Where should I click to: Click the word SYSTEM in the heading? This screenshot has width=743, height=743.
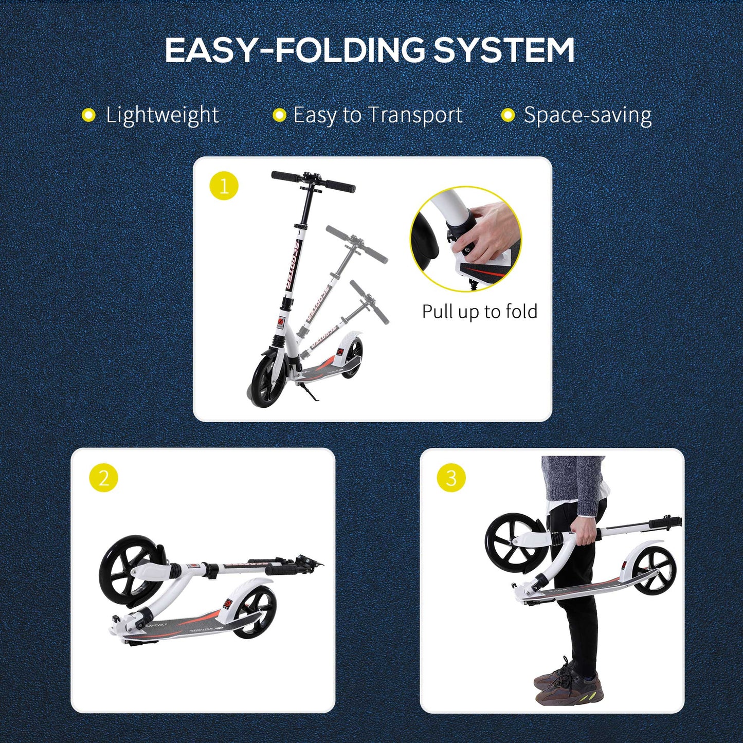point(504,50)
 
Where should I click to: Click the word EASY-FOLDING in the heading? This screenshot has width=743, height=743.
point(295,50)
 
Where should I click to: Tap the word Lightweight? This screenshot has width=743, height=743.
point(162,115)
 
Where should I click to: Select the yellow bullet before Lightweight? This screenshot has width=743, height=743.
point(89,115)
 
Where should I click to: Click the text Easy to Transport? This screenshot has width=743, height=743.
point(378,115)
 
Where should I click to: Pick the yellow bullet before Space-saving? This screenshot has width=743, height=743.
point(508,115)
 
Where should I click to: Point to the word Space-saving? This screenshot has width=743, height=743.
point(588,115)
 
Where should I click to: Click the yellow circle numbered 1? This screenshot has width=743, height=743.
point(224,186)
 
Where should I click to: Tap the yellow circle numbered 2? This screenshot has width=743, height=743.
point(103,478)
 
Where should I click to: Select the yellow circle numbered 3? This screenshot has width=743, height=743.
point(451,478)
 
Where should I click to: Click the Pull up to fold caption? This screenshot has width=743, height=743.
point(479,312)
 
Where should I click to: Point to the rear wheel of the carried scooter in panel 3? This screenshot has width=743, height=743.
point(654,570)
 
